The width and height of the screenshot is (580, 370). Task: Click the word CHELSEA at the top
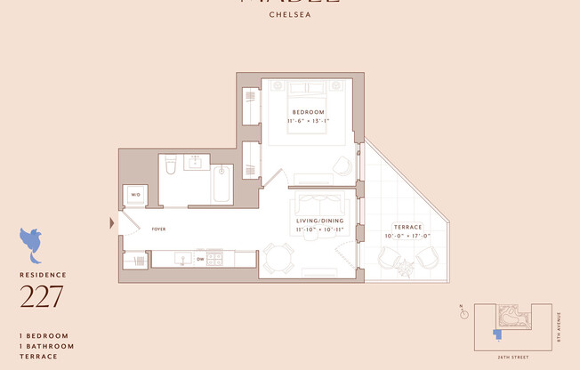coord(289,14)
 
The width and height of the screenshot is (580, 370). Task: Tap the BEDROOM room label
coord(308,111)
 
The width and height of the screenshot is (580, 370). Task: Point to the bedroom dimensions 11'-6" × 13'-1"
coord(308,120)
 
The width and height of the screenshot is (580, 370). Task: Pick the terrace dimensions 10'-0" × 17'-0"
coord(407,237)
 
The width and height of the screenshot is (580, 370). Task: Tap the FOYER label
coord(158,229)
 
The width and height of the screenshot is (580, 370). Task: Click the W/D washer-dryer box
coord(135,195)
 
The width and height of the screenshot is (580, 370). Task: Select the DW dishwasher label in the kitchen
coord(200,260)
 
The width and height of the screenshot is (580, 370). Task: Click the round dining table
coord(278,259)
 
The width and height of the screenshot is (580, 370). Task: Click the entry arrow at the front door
coord(111,222)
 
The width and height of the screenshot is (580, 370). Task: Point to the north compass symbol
coord(463,311)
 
